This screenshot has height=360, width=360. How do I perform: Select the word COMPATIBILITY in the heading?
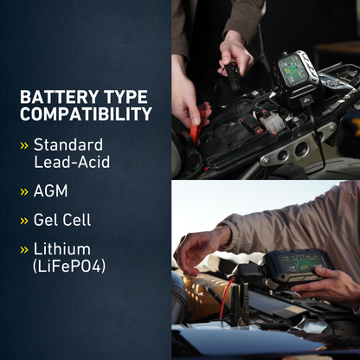coord(86,114)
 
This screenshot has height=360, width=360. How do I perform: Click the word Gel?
coord(48,221)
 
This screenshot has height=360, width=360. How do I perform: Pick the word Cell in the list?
coord(84,221)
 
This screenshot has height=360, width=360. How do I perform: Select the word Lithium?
coord(61,250)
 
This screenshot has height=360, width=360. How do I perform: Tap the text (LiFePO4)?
coord(69,267)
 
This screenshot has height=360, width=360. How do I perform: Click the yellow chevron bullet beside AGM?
coord(24,191)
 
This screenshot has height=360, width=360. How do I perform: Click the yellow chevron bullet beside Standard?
coord(24,145)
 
